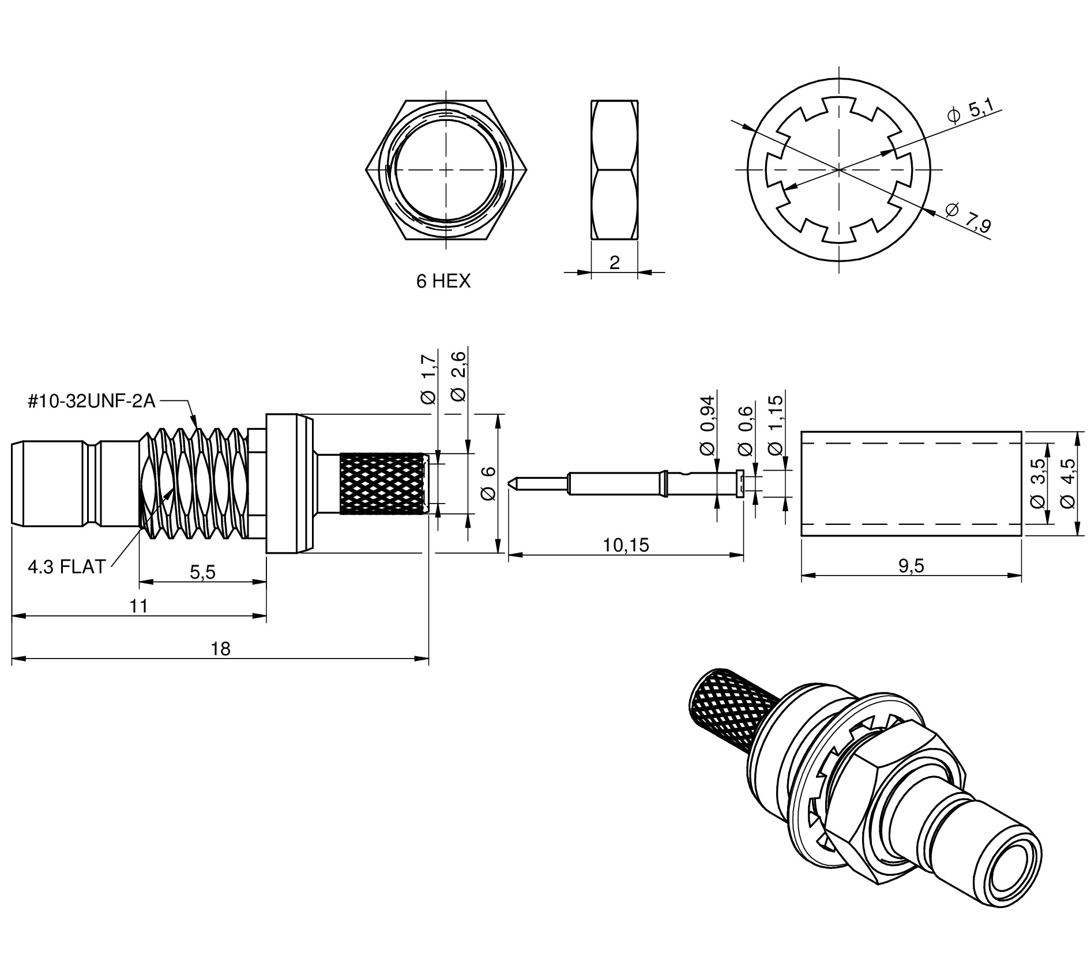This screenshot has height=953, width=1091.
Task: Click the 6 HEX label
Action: pyautogui.click(x=443, y=281)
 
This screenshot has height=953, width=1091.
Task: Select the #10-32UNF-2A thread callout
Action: pyautogui.click(x=92, y=401)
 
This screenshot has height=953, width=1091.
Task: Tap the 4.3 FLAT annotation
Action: pyautogui.click(x=66, y=567)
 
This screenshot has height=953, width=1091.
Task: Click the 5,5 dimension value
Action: pyautogui.click(x=202, y=572)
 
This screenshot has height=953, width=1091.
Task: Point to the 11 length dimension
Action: pyautogui.click(x=139, y=606)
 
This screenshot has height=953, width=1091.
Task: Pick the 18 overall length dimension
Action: pyautogui.click(x=220, y=649)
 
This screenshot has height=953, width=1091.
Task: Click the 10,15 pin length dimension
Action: pyautogui.click(x=626, y=544)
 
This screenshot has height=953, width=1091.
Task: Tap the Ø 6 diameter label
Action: pyautogui.click(x=488, y=483)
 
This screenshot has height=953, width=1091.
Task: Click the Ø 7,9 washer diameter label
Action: pyautogui.click(x=969, y=218)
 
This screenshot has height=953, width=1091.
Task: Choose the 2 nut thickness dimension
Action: pyautogui.click(x=614, y=263)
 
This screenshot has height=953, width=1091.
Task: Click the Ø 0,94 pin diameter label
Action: pyautogui.click(x=707, y=425)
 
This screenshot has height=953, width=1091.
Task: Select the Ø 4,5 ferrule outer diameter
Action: pyautogui.click(x=1067, y=483)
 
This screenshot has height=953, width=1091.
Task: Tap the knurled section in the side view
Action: pyautogui.click(x=383, y=483)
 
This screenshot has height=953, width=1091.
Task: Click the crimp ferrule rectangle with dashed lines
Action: pyautogui.click(x=911, y=483)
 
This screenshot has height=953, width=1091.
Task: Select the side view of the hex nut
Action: pyautogui.click(x=614, y=170)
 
